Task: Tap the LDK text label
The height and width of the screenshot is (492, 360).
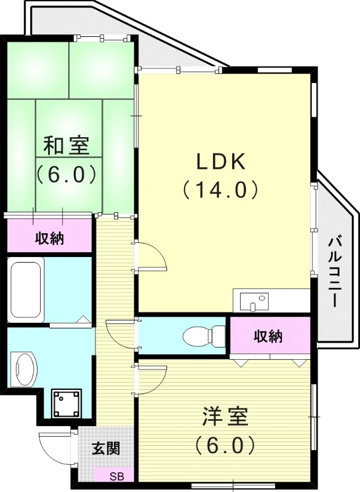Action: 221,162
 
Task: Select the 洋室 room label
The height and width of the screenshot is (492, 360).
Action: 225,416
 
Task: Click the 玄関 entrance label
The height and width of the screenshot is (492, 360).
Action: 106,448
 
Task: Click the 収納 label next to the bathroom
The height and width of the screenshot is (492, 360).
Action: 49,237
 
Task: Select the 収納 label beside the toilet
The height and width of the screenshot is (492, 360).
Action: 268,336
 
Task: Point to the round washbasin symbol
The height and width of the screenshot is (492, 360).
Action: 25,368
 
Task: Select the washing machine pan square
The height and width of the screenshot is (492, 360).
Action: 66,403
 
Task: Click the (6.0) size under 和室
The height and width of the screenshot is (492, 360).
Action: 66,174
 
